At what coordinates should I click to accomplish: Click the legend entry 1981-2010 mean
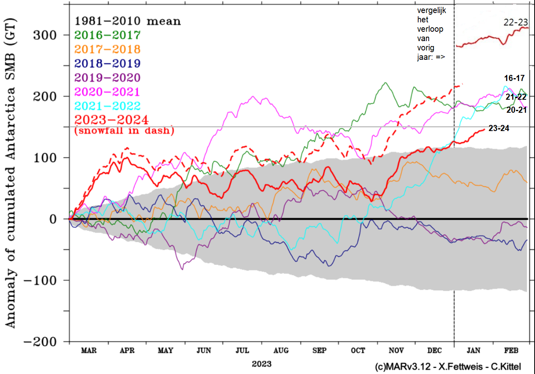pyautogui.click(x=127, y=21)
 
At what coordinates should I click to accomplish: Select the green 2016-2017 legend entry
pyautogui.click(x=107, y=35)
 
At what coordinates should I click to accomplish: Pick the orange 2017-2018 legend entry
pyautogui.click(x=107, y=49)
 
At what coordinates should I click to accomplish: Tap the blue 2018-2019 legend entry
pyautogui.click(x=107, y=63)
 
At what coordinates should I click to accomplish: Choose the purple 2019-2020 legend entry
pyautogui.click(x=107, y=77)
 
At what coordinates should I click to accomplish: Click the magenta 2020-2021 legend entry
pyautogui.click(x=107, y=92)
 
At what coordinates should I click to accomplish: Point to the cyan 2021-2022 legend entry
pyautogui.click(x=107, y=106)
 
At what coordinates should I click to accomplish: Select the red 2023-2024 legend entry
pyautogui.click(x=107, y=120)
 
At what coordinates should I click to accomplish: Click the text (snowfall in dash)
pyautogui.click(x=124, y=131)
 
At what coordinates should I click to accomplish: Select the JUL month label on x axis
pyautogui.click(x=243, y=350)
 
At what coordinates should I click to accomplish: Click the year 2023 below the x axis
pyautogui.click(x=261, y=363)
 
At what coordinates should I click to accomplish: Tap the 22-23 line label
pyautogui.click(x=516, y=23)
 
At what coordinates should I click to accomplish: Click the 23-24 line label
pyautogui.click(x=499, y=129)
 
